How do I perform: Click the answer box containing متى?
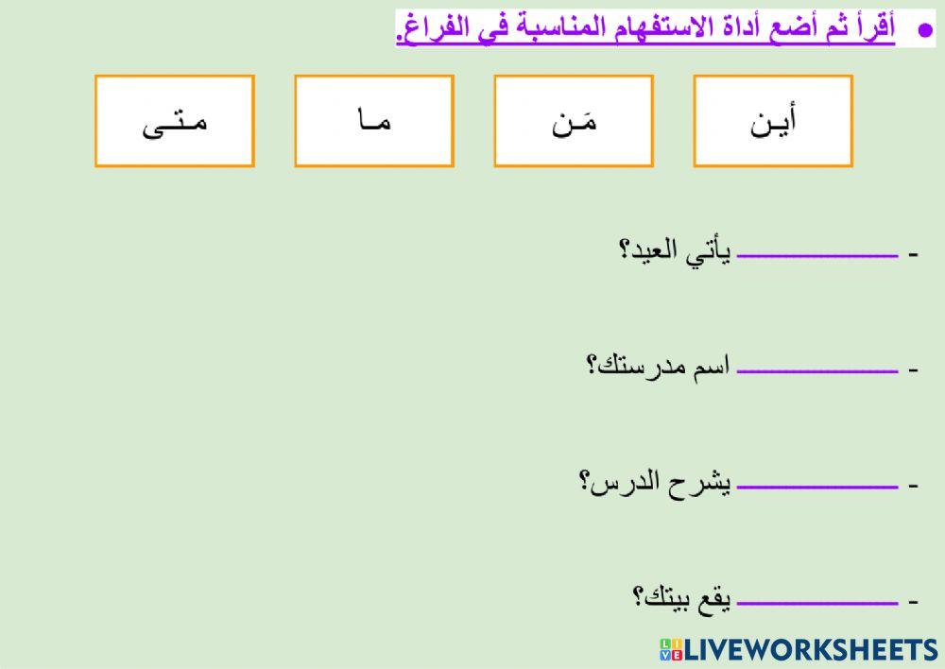coord(175,122)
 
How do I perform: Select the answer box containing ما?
coord(374,122)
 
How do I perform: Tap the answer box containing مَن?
coord(574,122)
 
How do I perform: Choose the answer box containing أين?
coord(773,122)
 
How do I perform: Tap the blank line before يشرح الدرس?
coord(817,488)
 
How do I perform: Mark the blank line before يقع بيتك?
coord(817,601)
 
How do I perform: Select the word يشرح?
coord(707,483)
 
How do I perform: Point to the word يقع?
coord(715,597)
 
